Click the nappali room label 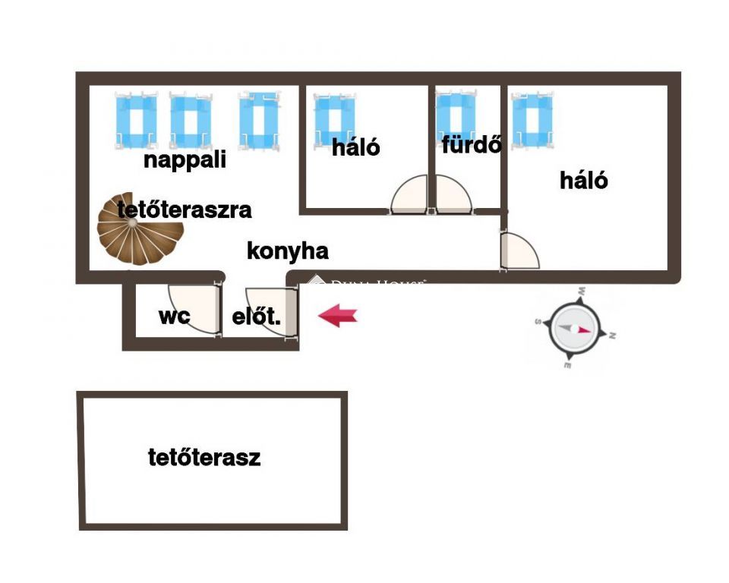185,161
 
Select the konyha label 287,251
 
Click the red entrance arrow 337,315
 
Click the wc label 174,317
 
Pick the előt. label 256,318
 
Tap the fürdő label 472,144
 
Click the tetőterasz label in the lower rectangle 204,458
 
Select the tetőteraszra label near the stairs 185,210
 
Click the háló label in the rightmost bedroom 584,181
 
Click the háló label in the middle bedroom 356,147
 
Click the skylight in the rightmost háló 532,120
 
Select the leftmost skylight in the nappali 137,120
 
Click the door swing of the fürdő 453,197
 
